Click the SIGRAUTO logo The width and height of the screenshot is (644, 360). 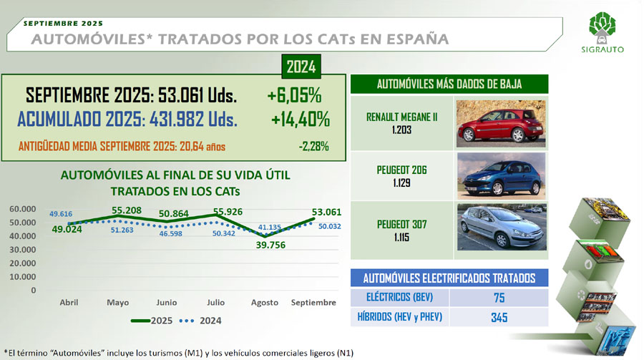pyautogui.click(x=602, y=32)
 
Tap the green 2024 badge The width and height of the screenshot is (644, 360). pyautogui.click(x=301, y=67)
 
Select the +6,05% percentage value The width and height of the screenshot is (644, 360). pyautogui.click(x=294, y=95)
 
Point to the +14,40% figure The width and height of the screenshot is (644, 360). pyautogui.click(x=301, y=120)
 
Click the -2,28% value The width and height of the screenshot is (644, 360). pyautogui.click(x=314, y=146)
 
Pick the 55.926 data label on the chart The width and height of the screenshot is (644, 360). pyautogui.click(x=228, y=212)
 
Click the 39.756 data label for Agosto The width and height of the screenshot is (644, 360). pyautogui.click(x=270, y=245)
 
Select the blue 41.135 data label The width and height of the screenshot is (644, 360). pyautogui.click(x=270, y=228)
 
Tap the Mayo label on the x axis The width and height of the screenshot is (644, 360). pyautogui.click(x=118, y=303)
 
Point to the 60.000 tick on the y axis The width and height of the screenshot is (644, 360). pyautogui.click(x=23, y=209)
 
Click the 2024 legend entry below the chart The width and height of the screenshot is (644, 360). pyautogui.click(x=200, y=321)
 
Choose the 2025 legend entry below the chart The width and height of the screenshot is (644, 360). pyautogui.click(x=152, y=321)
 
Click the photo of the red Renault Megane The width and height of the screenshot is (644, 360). pyautogui.click(x=501, y=124)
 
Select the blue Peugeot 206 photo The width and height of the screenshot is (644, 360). pyautogui.click(x=501, y=176)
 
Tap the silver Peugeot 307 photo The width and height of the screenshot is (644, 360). pyautogui.click(x=502, y=227)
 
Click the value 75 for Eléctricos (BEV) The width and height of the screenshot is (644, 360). pyautogui.click(x=499, y=298)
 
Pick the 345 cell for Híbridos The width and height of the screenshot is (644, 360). pyautogui.click(x=499, y=317)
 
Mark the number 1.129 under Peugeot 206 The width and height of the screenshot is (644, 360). pyautogui.click(x=401, y=183)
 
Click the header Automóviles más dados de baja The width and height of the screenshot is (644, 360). pyautogui.click(x=449, y=84)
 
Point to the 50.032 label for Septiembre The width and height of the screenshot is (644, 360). pyautogui.click(x=329, y=226)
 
